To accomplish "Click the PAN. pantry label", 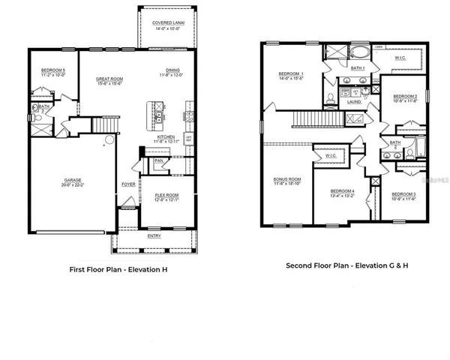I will coord(159,160).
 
